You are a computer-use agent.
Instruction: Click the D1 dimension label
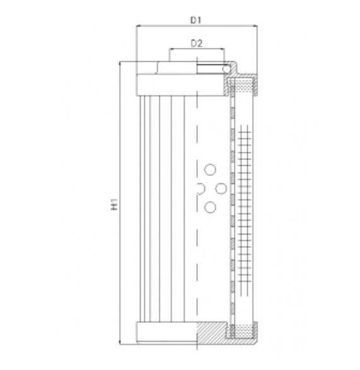[196, 20]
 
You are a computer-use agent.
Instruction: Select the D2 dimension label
[196, 43]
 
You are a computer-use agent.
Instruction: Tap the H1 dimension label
[114, 205]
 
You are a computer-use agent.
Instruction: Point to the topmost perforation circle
[210, 168]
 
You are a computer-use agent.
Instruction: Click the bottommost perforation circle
[210, 207]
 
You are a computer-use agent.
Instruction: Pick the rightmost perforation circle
[221, 188]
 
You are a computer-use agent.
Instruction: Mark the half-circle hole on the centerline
[199, 188]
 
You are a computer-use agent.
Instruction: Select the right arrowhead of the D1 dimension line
[257, 27]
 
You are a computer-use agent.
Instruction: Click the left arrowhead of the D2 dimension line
[171, 50]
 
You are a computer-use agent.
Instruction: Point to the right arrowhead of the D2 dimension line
[222, 50]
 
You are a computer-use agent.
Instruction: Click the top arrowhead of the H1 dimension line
[120, 64]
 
